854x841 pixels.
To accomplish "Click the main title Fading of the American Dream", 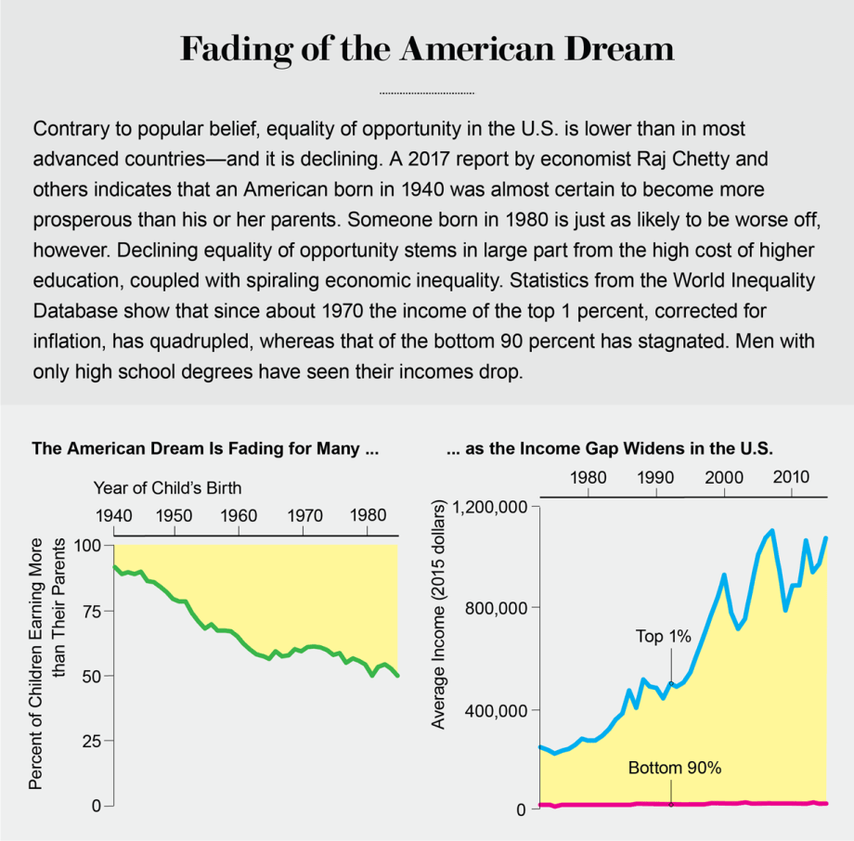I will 427,49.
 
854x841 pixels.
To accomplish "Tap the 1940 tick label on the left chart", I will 113,515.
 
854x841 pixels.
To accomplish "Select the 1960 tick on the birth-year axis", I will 239,515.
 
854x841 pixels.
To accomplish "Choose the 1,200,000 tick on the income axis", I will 495,507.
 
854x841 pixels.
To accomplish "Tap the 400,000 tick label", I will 502,710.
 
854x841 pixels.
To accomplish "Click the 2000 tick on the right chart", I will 723,477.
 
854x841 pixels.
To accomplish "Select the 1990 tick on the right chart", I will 655,477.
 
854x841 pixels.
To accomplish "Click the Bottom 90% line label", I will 675,769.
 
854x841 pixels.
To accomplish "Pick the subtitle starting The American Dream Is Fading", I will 205,449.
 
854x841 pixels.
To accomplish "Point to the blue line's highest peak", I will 771,530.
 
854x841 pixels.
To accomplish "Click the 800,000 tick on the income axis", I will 502,608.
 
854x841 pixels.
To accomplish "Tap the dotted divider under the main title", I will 427,94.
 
